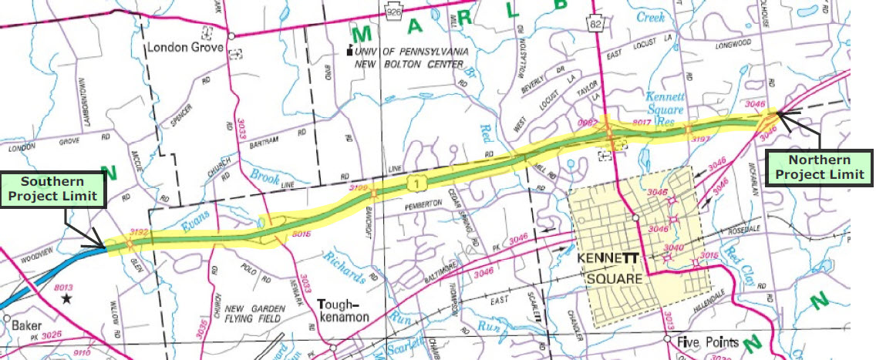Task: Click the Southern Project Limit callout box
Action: point(52,188)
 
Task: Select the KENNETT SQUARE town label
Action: point(606,267)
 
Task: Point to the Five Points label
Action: point(707,341)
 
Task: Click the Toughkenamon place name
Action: point(345,310)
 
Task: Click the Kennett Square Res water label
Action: point(665,109)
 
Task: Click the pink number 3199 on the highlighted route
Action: point(359,187)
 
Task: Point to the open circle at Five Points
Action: point(668,338)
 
